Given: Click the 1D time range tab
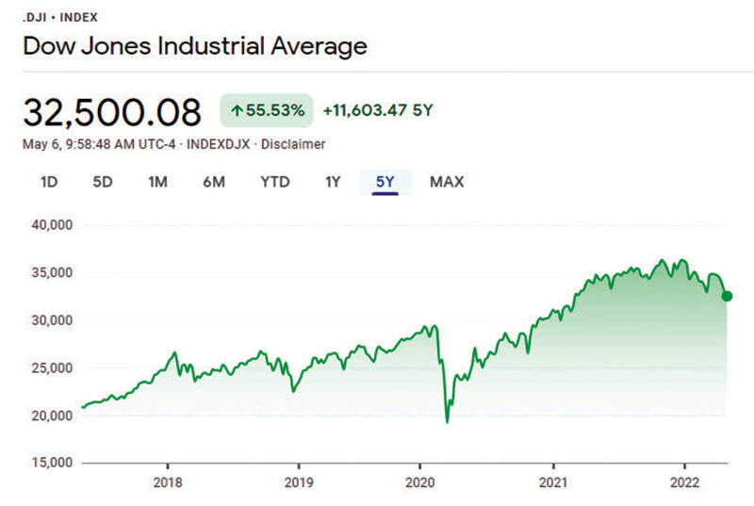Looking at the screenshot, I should [49, 182].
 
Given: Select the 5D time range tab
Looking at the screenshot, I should [103, 182].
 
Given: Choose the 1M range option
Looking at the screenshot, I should [157, 182].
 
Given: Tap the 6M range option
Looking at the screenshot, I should [214, 182].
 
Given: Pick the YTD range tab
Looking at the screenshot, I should [274, 182].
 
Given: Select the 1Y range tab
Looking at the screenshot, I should [332, 182].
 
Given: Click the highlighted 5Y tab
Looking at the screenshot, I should [385, 182].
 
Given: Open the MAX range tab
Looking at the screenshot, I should [447, 182].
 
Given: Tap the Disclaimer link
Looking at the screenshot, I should [293, 144].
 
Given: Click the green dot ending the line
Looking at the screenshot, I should [727, 296].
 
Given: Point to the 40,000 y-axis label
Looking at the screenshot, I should [52, 225].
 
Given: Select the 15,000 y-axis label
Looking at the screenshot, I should [52, 463].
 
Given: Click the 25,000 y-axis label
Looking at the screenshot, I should [52, 367].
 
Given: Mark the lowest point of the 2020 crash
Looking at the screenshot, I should [447, 422].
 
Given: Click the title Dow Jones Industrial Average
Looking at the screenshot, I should [194, 44].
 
